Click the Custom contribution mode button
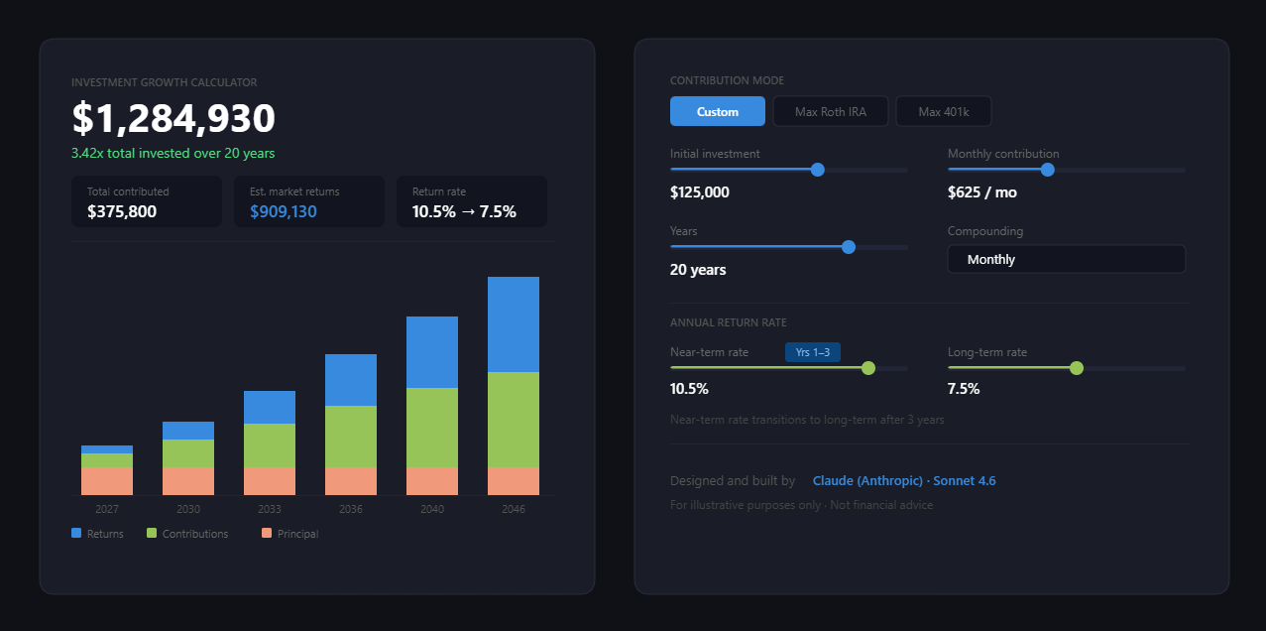click(x=717, y=111)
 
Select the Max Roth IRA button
click(x=830, y=111)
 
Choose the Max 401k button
click(x=943, y=111)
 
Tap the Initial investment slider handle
click(x=817, y=170)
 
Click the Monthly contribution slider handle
click(x=1047, y=170)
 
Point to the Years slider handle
click(x=848, y=247)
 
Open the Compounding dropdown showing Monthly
click(x=1066, y=259)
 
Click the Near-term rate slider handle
click(x=868, y=368)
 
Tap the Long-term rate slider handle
click(x=1077, y=368)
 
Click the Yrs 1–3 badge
click(x=812, y=352)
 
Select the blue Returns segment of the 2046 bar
click(x=513, y=324)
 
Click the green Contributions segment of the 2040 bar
click(x=431, y=428)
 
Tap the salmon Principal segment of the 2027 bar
click(x=106, y=481)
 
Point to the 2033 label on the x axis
click(x=269, y=509)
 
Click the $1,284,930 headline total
click(x=173, y=119)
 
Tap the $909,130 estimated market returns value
click(x=284, y=211)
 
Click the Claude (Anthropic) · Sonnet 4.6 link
click(x=903, y=481)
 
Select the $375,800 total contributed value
click(x=122, y=211)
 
